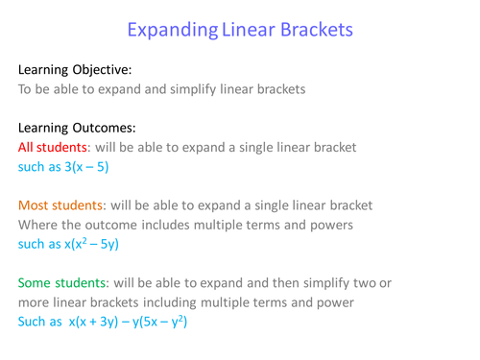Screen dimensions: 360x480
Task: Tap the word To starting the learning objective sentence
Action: [27, 89]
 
